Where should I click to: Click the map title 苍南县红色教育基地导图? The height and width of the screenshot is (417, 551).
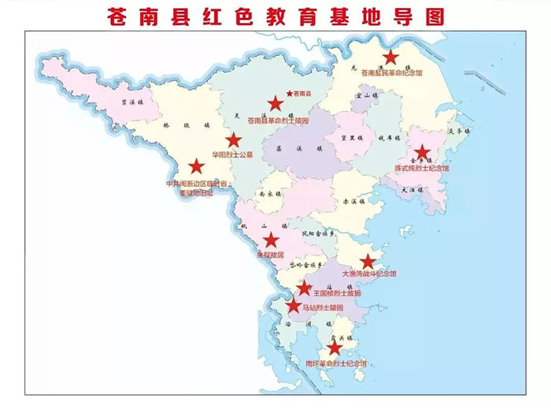(275, 15)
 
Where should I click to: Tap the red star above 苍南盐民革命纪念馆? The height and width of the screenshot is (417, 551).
(391, 58)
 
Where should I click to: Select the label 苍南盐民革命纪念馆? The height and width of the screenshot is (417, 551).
(392, 73)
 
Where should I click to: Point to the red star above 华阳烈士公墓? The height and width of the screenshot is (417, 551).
(234, 140)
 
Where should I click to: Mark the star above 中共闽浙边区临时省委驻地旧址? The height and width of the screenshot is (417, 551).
(196, 166)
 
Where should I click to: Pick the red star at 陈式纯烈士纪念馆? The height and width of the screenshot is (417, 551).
(422, 153)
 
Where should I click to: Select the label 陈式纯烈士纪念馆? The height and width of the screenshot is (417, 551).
(422, 168)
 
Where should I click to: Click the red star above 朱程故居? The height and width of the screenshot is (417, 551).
(270, 240)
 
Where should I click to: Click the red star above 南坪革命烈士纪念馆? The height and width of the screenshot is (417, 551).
(335, 348)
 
